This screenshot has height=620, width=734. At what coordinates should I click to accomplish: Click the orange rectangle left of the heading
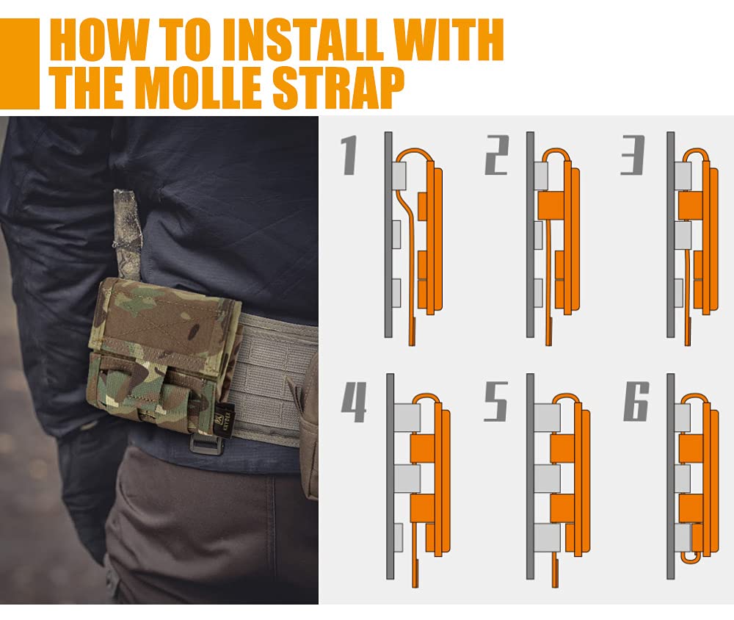click(x=19, y=64)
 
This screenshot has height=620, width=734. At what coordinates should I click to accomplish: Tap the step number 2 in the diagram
click(x=497, y=156)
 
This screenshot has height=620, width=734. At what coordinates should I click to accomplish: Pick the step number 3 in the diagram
click(x=633, y=156)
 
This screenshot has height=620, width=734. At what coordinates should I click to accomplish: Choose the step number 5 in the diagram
click(x=496, y=403)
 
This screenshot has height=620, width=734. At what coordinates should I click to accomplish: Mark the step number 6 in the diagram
click(x=636, y=403)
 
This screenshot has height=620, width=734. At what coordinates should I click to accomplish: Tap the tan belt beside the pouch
click(x=272, y=375)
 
